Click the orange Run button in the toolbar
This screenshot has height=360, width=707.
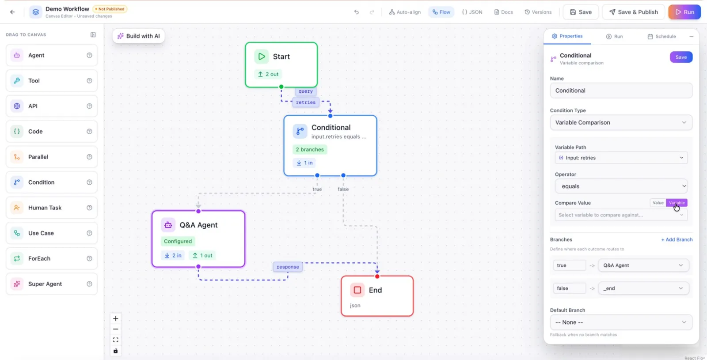click(684, 12)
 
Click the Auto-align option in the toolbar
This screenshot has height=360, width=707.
click(405, 12)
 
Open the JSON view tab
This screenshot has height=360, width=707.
click(472, 12)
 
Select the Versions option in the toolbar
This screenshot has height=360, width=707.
click(538, 12)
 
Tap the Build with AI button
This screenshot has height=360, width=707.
click(139, 36)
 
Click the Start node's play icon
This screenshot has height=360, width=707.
click(261, 57)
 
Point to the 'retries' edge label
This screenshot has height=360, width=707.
click(305, 102)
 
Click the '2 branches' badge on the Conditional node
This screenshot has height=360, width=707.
click(310, 150)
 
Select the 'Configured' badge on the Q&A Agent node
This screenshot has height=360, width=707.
click(178, 241)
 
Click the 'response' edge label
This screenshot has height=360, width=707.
click(288, 267)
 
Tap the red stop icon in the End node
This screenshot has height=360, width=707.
click(357, 290)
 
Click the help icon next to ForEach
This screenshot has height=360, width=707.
click(89, 258)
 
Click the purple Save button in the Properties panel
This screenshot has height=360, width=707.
click(681, 57)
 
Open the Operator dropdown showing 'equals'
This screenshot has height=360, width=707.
click(621, 186)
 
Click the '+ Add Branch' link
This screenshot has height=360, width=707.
click(677, 239)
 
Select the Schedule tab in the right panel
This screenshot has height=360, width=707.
click(661, 36)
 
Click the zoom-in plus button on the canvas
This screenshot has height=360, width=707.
click(115, 318)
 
